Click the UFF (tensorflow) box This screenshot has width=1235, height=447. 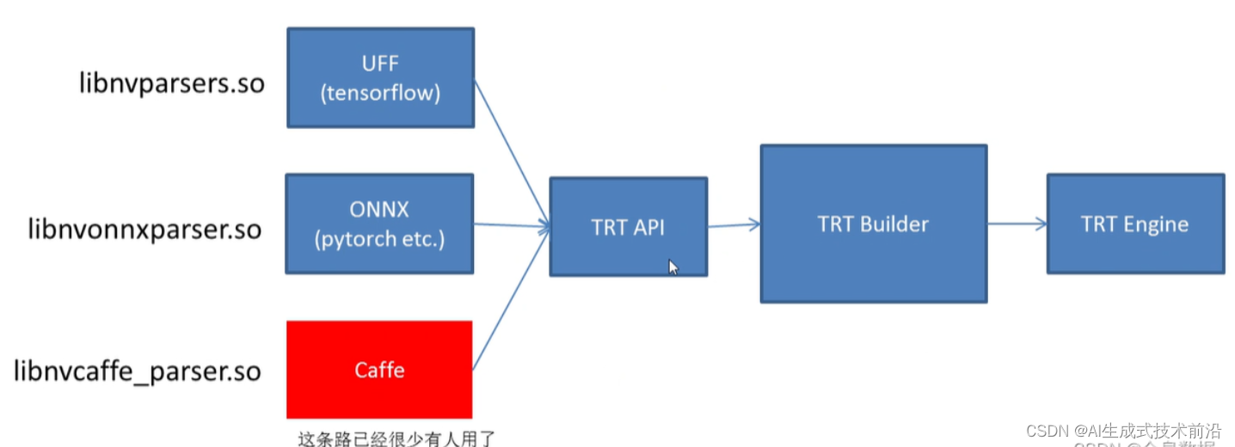pyautogui.click(x=380, y=77)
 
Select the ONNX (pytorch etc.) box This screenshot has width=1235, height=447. pyautogui.click(x=379, y=223)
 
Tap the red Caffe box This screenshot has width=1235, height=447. pyautogui.click(x=379, y=370)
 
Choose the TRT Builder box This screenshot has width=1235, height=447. pyautogui.click(x=873, y=224)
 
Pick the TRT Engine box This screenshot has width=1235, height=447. pyautogui.click(x=1135, y=224)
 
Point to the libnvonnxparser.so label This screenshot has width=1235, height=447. pyautogui.click(x=144, y=230)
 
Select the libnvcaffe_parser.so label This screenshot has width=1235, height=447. pyautogui.click(x=138, y=371)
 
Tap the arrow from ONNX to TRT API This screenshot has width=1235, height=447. pyautogui.click(x=512, y=227)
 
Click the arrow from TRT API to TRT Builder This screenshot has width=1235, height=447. pyautogui.click(x=734, y=225)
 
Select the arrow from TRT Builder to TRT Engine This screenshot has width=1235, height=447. pyautogui.click(x=1017, y=224)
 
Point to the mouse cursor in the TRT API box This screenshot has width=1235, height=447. pyautogui.click(x=673, y=267)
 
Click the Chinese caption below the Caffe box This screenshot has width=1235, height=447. pyautogui.click(x=396, y=438)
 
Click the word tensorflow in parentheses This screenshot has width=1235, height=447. pyautogui.click(x=380, y=93)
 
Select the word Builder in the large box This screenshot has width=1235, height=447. pyautogui.click(x=895, y=224)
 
